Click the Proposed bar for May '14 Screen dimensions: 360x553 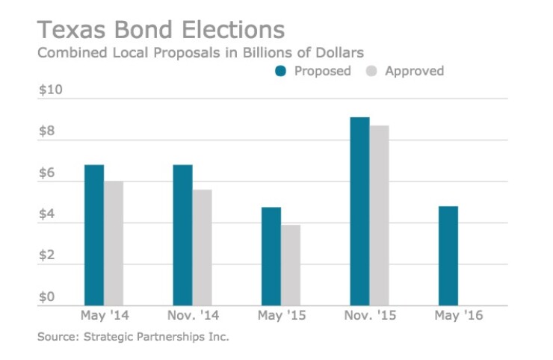click(x=94, y=235)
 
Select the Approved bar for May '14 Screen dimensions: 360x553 click(x=114, y=243)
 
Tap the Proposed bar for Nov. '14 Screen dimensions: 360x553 click(x=182, y=235)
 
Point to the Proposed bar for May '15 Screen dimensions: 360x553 click(x=271, y=256)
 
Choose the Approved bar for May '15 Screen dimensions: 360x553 click(x=291, y=265)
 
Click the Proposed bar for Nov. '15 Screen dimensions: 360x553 click(x=359, y=211)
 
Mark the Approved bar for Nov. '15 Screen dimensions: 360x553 click(x=380, y=215)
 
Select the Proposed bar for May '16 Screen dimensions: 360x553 click(x=448, y=255)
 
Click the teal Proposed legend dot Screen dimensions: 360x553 click(x=281, y=72)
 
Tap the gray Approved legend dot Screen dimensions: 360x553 click(x=371, y=72)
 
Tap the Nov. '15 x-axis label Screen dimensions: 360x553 click(x=370, y=315)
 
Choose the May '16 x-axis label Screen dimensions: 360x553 click(x=459, y=315)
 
